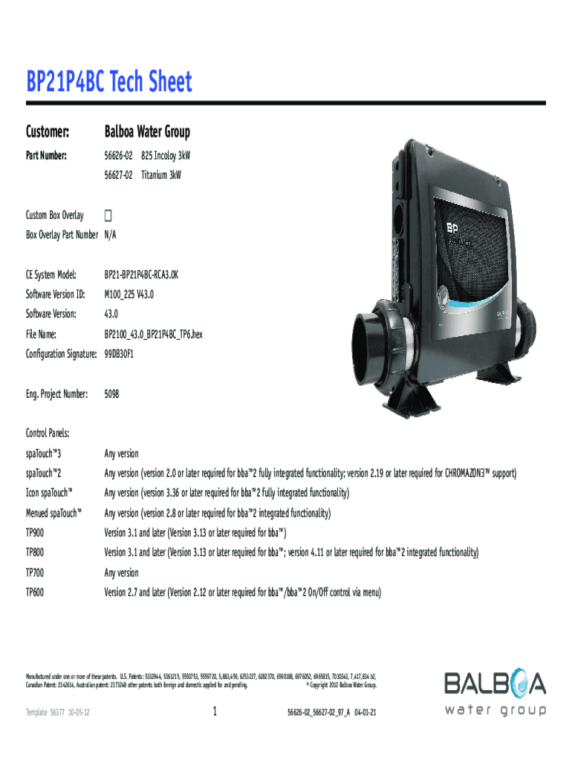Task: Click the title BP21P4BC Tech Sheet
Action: tap(109, 82)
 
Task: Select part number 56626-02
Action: tap(118, 157)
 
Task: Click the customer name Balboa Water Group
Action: tap(147, 132)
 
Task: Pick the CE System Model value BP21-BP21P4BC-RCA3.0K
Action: tap(141, 275)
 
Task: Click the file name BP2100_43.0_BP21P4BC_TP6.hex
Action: tap(153, 335)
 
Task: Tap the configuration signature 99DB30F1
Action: tap(119, 354)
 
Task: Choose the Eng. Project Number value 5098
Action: tap(111, 394)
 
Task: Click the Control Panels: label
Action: tap(48, 433)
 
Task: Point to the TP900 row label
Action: tap(35, 533)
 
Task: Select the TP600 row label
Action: tap(35, 592)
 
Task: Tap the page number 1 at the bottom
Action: tap(215, 712)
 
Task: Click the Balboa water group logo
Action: tap(495, 693)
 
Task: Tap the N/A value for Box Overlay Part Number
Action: tap(111, 235)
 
